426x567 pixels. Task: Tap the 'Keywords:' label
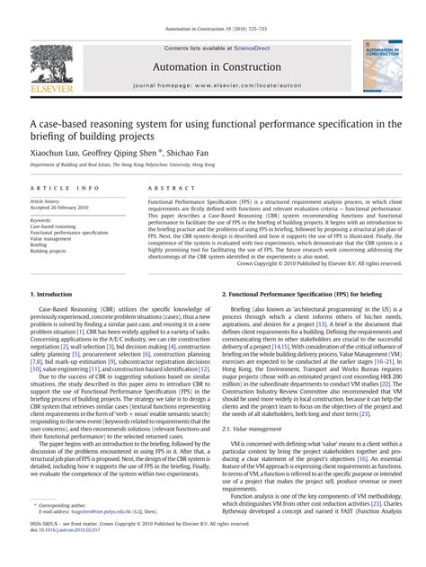coord(41,219)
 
